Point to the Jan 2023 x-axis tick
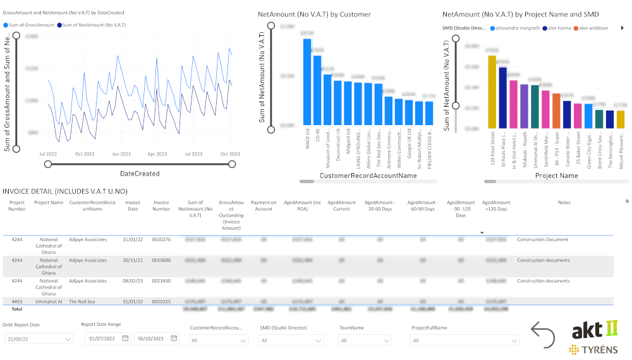tap(121, 153)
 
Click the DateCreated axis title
tap(140, 174)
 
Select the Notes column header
tap(564, 203)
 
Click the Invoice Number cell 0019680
tap(161, 260)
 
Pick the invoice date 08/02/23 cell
tap(133, 281)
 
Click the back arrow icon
tap(543, 335)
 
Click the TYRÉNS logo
tap(593, 349)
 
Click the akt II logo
tap(595, 330)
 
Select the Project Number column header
tap(17, 206)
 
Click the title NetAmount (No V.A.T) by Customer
tap(314, 14)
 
